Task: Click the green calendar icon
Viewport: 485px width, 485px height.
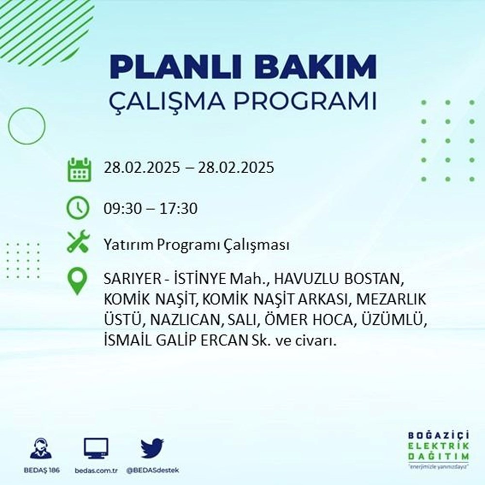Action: pyautogui.click(x=79, y=169)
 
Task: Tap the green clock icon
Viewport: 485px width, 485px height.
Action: pyautogui.click(x=79, y=208)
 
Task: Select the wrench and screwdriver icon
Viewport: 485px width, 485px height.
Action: pyautogui.click(x=79, y=241)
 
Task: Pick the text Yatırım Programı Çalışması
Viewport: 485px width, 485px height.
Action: pyautogui.click(x=196, y=245)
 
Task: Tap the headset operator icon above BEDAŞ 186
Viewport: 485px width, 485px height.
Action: pyautogui.click(x=41, y=449)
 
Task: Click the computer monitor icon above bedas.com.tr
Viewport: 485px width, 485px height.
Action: pyautogui.click(x=96, y=449)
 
